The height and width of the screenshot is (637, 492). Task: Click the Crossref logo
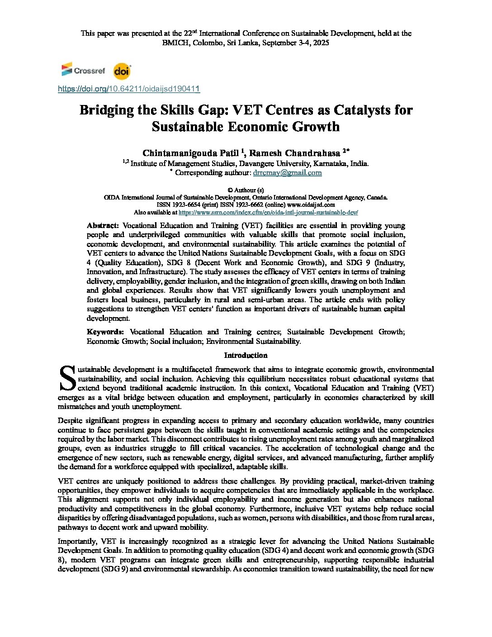(x=83, y=70)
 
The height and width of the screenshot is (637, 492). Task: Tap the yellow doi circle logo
(x=122, y=71)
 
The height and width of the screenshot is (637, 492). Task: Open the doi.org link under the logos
(x=129, y=89)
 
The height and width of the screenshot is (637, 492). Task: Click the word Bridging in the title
(x=107, y=110)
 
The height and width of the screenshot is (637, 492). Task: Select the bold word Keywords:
(x=105, y=332)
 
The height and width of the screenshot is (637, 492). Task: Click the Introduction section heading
(x=246, y=355)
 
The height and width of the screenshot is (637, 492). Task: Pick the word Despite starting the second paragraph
(x=71, y=420)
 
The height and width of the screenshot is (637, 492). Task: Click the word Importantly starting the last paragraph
(x=77, y=541)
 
